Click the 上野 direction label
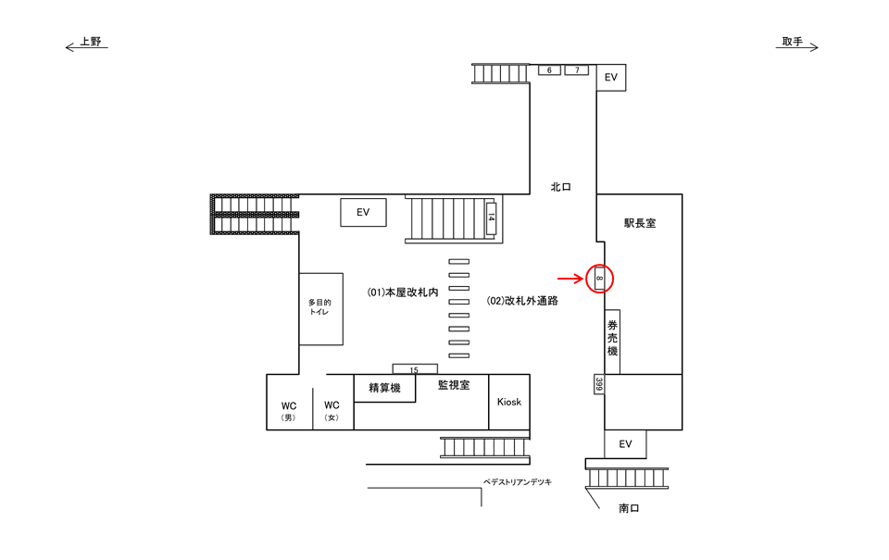(x=90, y=42)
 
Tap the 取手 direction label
(x=792, y=42)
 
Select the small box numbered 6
(x=549, y=70)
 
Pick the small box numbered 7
(x=577, y=70)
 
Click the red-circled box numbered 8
(x=600, y=277)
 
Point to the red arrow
(x=569, y=277)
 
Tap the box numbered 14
(x=491, y=218)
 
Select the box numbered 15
(x=414, y=369)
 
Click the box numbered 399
(x=598, y=384)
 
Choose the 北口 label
(x=560, y=187)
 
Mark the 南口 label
(x=630, y=508)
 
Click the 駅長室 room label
(x=639, y=223)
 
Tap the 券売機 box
(x=612, y=339)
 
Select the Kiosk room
(x=509, y=402)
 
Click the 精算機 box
(x=384, y=389)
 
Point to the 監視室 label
(x=454, y=385)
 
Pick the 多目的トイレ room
(x=320, y=308)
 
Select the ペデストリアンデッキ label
(x=518, y=482)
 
